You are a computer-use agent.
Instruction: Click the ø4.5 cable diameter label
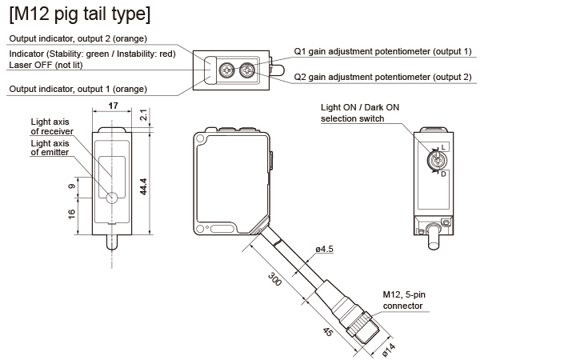324,249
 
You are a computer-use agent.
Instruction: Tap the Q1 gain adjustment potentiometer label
382,51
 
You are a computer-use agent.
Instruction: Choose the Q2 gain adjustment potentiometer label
382,77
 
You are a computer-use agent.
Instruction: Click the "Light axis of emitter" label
50,147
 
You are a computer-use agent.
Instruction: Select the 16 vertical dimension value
72,213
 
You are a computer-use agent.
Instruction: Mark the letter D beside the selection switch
444,174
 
